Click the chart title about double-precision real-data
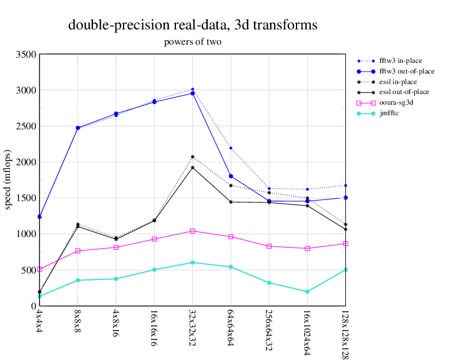[x=193, y=25]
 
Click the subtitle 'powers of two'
[x=192, y=42]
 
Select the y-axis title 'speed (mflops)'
[x=9, y=180]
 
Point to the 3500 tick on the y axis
[x=26, y=55]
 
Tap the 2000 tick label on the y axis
[x=26, y=162]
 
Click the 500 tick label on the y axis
[x=29, y=271]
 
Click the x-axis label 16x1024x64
[x=307, y=332]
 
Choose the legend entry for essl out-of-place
[x=404, y=92]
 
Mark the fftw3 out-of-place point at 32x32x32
[x=192, y=93]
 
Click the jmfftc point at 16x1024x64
[x=307, y=292]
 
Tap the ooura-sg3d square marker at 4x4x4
[x=39, y=269]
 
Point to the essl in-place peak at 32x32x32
[x=192, y=157]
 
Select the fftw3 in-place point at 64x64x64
[x=231, y=148]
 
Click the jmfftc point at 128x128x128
[x=345, y=269]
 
